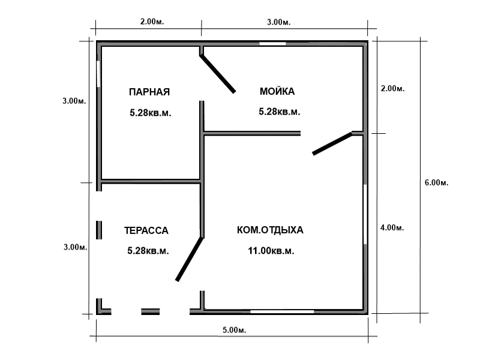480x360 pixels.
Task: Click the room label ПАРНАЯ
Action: (149, 92)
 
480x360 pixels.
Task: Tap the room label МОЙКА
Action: (277, 91)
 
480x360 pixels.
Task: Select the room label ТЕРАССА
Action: (146, 230)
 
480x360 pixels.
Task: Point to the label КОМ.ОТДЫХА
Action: (270, 230)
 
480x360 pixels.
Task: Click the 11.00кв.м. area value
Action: (271, 251)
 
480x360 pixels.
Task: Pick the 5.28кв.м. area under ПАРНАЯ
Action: (151, 113)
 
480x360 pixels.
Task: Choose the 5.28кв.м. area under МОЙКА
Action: (280, 112)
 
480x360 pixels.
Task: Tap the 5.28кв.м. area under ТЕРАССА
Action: (148, 251)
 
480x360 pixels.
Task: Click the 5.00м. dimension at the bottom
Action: (234, 330)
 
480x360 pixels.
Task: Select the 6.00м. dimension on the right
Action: (436, 182)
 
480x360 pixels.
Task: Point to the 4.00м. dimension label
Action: (392, 227)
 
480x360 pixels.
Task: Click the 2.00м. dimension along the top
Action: (152, 22)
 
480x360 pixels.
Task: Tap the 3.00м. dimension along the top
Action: (278, 22)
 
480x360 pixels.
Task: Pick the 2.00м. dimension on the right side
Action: (393, 88)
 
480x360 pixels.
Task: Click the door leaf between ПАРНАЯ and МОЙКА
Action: (218, 74)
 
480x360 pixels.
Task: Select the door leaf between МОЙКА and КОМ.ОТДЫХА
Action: (332, 143)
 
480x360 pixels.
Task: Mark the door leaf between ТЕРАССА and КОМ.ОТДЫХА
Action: (189, 259)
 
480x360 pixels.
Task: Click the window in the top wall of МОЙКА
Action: (273, 43)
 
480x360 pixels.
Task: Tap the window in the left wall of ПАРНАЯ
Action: (98, 74)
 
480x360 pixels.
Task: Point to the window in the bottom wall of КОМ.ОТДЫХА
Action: (282, 311)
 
